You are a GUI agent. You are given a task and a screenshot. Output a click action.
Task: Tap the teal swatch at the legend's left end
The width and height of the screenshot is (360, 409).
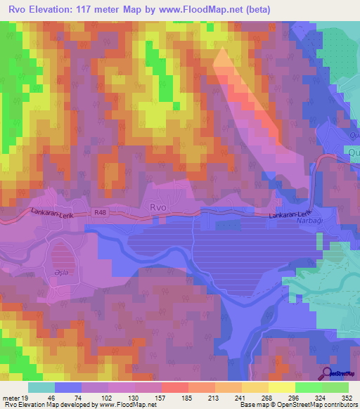pyautogui.click(x=41, y=387)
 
